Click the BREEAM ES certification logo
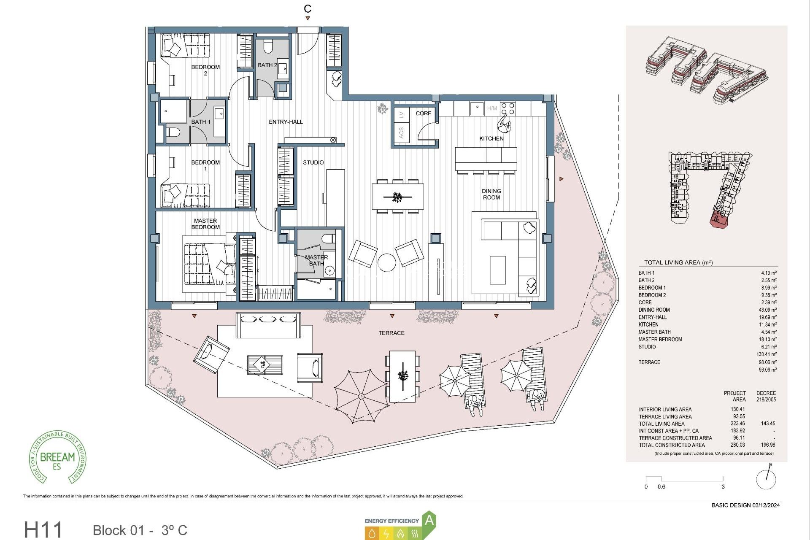click(x=57, y=457)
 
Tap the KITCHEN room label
click(x=491, y=138)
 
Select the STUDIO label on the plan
click(x=313, y=162)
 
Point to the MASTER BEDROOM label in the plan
click(x=205, y=224)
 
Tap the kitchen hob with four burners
click(x=508, y=108)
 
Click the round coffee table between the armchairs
click(x=386, y=262)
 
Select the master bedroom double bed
click(x=209, y=264)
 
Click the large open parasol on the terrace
click(x=361, y=396)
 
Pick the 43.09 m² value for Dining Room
click(x=767, y=310)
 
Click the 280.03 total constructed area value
click(x=738, y=445)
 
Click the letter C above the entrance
click(x=308, y=9)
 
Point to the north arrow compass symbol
click(x=766, y=478)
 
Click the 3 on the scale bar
click(x=723, y=486)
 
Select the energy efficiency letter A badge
click(x=429, y=520)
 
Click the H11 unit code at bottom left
click(x=43, y=530)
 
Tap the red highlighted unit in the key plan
click(x=719, y=220)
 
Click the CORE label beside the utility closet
click(x=423, y=113)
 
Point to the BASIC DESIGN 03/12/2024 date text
click(x=745, y=505)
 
